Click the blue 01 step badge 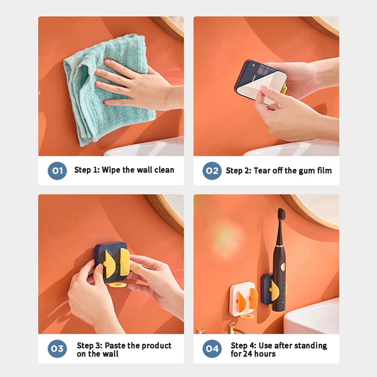(57, 171)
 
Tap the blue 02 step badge (212, 171)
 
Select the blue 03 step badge (57, 349)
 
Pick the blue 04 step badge (212, 349)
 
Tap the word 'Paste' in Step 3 (115, 345)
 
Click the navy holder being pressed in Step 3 (112, 262)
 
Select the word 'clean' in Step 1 (164, 170)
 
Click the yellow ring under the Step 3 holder (117, 285)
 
